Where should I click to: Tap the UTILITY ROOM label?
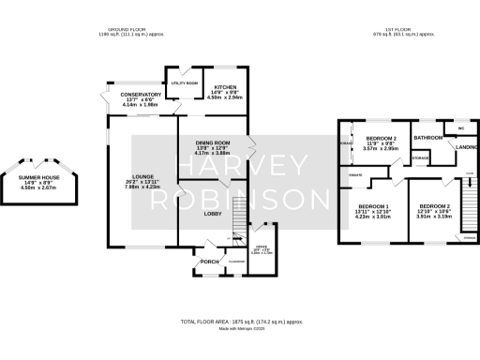click(184, 83)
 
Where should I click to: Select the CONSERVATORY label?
click(142, 95)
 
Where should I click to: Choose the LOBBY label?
click(212, 214)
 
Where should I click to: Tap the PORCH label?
click(209, 262)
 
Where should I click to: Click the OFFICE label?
click(262, 247)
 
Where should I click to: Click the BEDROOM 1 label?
click(374, 206)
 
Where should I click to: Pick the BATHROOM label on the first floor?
click(428, 138)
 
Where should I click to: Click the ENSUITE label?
click(355, 175)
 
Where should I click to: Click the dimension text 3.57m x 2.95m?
click(381, 148)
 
